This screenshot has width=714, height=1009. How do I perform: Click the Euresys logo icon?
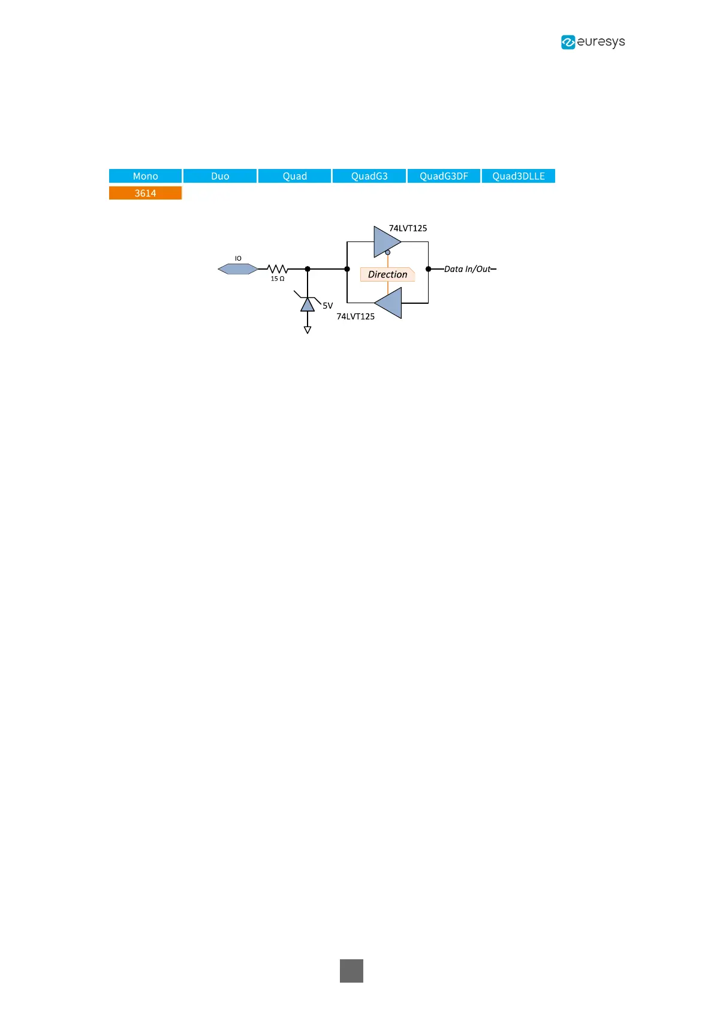click(x=568, y=42)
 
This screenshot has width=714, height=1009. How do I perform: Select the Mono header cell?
click(x=145, y=176)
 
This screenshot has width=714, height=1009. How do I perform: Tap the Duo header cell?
click(x=220, y=176)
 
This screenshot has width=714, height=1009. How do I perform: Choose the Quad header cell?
click(x=294, y=176)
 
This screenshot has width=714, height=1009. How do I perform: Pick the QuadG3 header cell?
click(x=369, y=176)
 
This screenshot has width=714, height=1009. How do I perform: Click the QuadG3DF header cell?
click(x=444, y=176)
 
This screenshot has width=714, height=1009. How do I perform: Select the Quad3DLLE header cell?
click(x=519, y=176)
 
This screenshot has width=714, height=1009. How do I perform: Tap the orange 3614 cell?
click(x=145, y=193)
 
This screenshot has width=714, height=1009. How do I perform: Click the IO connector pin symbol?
click(x=238, y=269)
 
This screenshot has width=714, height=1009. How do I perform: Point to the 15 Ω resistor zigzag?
click(x=278, y=269)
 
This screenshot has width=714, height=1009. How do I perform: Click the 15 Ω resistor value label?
click(x=278, y=279)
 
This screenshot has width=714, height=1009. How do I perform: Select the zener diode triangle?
click(x=308, y=304)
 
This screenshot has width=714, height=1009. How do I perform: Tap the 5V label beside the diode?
click(x=327, y=306)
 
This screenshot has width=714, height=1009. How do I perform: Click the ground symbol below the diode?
click(x=308, y=330)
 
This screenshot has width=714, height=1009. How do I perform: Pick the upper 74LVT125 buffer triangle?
click(x=386, y=241)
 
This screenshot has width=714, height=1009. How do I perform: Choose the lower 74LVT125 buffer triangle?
click(x=389, y=303)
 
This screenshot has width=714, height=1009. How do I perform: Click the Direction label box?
click(x=387, y=274)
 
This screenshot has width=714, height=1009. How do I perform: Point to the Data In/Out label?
click(x=468, y=269)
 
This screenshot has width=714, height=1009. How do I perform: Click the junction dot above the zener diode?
click(x=308, y=269)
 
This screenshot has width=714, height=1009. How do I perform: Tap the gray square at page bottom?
click(x=351, y=971)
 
